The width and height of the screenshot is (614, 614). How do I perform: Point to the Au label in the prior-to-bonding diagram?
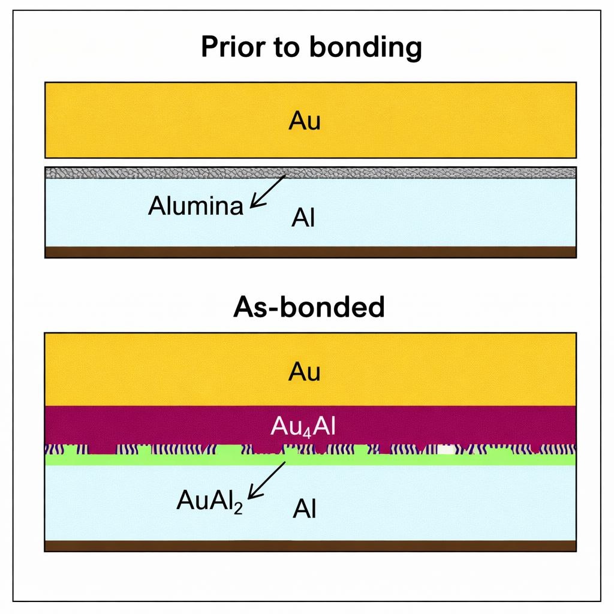click(305, 121)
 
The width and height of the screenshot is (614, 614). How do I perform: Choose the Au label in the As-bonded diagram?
click(305, 372)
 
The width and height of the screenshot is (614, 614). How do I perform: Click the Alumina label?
click(195, 206)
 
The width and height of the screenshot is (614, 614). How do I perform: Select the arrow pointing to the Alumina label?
click(268, 191)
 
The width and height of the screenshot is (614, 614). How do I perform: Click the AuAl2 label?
click(209, 499)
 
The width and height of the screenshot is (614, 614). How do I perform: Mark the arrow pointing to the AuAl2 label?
click(267, 480)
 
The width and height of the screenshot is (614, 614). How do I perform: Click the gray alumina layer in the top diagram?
click(420, 173)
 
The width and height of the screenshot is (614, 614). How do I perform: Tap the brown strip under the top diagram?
click(311, 252)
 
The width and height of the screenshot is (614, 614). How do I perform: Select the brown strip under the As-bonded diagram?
click(311, 546)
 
